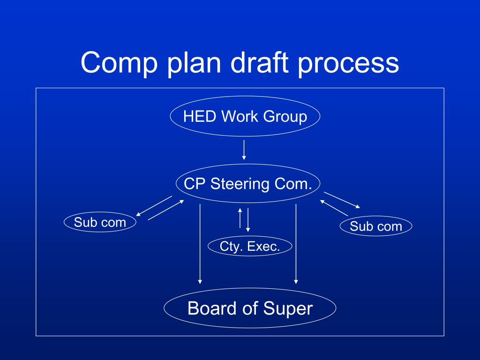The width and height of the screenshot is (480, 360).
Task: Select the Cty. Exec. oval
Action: (x=250, y=246)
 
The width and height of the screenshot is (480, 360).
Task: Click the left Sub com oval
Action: (x=100, y=222)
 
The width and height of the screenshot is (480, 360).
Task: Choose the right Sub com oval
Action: (x=376, y=226)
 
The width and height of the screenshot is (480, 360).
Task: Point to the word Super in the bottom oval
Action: (x=287, y=308)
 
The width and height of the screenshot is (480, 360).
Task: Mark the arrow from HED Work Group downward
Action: (x=244, y=150)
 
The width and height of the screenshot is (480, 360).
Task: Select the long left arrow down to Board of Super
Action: (x=200, y=244)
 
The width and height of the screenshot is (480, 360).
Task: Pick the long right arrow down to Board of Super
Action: (x=296, y=244)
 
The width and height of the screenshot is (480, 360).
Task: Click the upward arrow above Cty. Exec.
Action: (x=240, y=217)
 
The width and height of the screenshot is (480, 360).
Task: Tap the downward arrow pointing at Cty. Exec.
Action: (x=247, y=219)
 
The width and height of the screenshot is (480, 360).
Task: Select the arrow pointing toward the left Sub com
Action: (x=150, y=207)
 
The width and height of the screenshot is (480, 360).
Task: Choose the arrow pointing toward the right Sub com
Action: (x=342, y=200)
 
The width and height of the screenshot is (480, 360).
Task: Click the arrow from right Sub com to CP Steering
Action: (x=334, y=208)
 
